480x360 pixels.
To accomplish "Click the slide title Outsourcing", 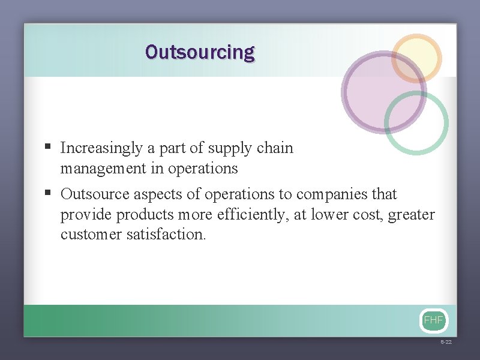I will [x=200, y=52].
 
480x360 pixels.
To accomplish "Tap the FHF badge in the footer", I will [x=433, y=320].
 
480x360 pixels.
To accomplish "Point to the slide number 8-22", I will [x=446, y=341].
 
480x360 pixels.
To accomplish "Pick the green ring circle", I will [x=416, y=122].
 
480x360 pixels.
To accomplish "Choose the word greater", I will [x=411, y=215].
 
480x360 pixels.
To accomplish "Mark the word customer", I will [x=91, y=234].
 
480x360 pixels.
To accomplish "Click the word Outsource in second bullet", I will [x=95, y=194].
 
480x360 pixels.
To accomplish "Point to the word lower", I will [x=328, y=215].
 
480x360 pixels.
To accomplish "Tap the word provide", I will [x=86, y=215].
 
